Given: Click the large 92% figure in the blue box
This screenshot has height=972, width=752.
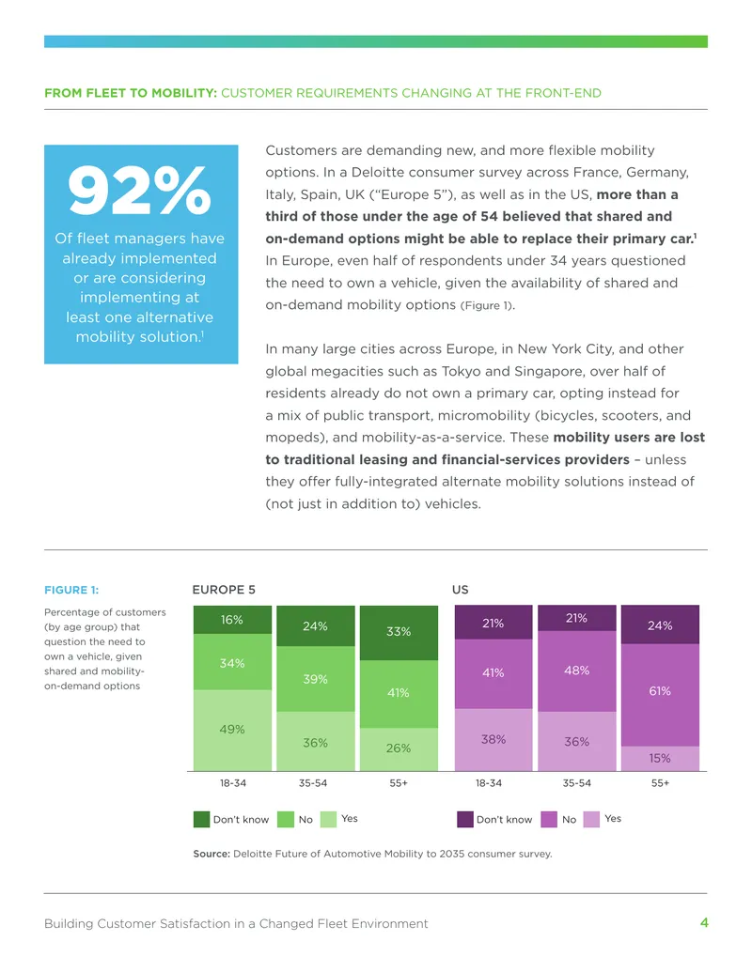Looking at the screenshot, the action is point(140,190).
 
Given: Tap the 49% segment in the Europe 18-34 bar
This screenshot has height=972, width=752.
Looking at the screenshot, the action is point(232,731).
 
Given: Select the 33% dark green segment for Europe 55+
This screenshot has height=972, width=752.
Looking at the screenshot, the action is point(399,633).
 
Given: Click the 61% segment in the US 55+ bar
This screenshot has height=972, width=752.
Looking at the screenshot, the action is point(660,695).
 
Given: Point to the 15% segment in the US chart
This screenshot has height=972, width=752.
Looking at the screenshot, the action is point(660,759).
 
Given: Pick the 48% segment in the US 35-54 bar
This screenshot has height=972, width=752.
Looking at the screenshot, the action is point(576,671).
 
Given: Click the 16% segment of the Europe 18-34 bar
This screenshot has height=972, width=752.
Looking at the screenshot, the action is point(232,620).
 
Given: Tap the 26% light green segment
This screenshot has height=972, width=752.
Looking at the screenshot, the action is point(399,749).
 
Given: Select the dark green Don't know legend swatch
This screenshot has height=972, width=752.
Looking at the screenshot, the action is point(202,819).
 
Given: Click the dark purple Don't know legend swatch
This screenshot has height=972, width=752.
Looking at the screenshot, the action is point(465,819).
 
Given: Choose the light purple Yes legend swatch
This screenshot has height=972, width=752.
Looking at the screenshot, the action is point(591,819).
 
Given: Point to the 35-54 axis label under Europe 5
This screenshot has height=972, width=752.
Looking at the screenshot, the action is point(313,783).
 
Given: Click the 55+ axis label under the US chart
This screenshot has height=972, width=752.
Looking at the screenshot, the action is point(660,783).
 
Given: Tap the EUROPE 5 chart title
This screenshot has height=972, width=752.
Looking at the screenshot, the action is point(224,590).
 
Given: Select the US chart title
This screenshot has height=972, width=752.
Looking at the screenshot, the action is point(461,590).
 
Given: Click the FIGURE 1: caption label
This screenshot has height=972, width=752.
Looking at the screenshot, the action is point(71,590).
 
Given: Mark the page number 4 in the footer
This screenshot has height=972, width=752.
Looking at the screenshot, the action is point(704,922).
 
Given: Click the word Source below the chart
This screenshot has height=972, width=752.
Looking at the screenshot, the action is point(211,854).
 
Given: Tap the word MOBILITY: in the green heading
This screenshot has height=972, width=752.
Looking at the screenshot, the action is point(184,93).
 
